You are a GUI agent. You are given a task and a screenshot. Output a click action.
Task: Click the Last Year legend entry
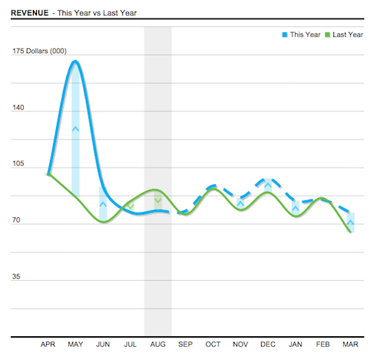pyautogui.click(x=343, y=35)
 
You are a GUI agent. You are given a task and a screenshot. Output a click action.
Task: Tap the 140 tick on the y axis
pyautogui.click(x=18, y=108)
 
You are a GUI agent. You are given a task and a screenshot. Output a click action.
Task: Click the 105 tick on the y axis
pyautogui.click(x=18, y=164)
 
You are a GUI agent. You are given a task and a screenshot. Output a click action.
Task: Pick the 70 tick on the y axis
pyautogui.click(x=16, y=221)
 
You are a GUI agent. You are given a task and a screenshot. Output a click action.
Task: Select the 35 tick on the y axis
pyautogui.click(x=16, y=277)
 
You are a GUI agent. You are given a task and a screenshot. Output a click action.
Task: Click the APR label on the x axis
pyautogui.click(x=48, y=345)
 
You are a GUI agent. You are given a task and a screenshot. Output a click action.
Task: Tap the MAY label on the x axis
pyautogui.click(x=75, y=345)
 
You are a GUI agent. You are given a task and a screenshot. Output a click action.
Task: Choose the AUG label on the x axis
pyautogui.click(x=157, y=345)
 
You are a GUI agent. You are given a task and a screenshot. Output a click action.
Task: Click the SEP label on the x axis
pyautogui.click(x=185, y=345)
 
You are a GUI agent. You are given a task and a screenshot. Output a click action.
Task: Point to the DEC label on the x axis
pyautogui.click(x=267, y=345)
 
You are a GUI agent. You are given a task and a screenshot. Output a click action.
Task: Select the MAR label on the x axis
pyautogui.click(x=350, y=345)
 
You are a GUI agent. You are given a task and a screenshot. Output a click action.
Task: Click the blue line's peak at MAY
pyautogui.click(x=74, y=61)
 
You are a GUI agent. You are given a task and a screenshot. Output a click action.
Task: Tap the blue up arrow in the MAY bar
pyautogui.click(x=75, y=128)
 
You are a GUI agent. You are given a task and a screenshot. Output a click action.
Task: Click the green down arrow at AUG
pyautogui.click(x=157, y=201)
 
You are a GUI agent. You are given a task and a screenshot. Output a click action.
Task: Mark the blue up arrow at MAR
pyautogui.click(x=350, y=223)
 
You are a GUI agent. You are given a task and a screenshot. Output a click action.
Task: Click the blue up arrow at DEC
pyautogui.click(x=267, y=185)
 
